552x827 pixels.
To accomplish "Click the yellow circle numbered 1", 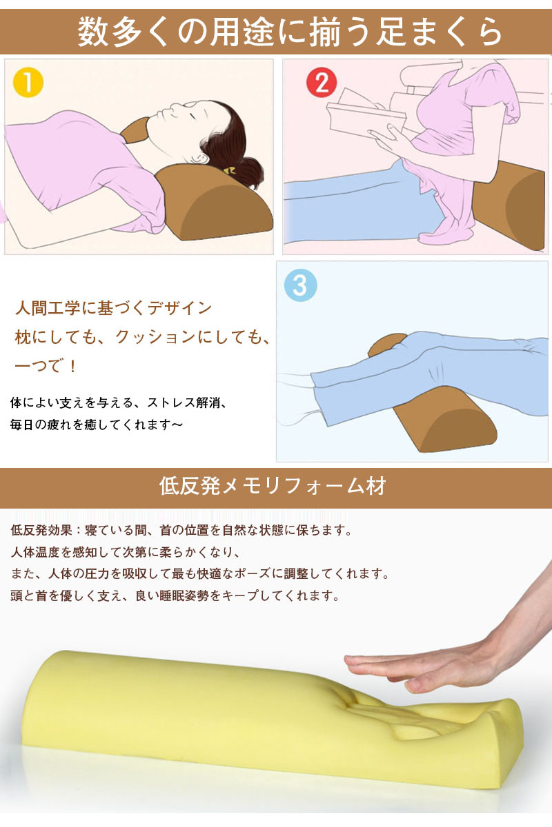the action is point(28,82).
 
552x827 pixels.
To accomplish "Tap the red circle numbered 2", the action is point(322,82).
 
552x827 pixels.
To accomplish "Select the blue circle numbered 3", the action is point(300,285).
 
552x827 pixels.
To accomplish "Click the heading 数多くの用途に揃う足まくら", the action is point(290,32).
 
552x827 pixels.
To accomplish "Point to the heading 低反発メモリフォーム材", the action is point(273,486).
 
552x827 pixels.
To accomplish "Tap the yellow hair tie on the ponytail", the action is point(230,170).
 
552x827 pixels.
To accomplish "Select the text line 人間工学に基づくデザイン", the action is point(113,308).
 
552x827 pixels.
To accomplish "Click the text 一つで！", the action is point(45,366).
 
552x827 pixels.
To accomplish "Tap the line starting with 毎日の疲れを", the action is point(97,425).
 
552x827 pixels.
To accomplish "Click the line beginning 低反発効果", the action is point(181,530).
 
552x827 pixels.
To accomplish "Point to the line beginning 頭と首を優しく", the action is point(175,595).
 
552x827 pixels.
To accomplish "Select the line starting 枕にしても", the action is point(143,338).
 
